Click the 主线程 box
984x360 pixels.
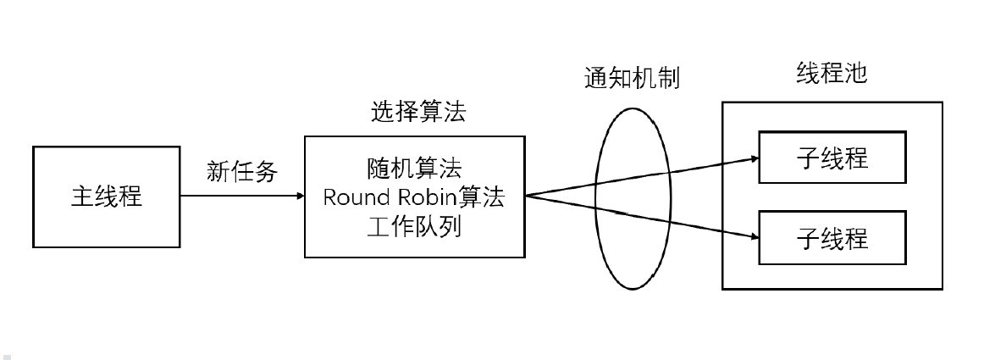click(107, 197)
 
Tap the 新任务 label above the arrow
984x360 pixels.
click(242, 172)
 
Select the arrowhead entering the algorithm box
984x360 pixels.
click(301, 197)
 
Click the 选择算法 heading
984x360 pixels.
click(418, 112)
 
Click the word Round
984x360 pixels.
click(356, 197)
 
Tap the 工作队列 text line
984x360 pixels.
click(414, 228)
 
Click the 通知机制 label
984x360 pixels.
click(633, 79)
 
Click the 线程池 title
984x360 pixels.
click(832, 74)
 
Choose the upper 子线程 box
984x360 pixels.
click(832, 158)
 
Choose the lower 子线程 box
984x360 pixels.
click(832, 237)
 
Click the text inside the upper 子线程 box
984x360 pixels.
click(832, 158)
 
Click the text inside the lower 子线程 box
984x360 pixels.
click(832, 237)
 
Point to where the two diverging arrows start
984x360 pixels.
click(526, 197)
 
